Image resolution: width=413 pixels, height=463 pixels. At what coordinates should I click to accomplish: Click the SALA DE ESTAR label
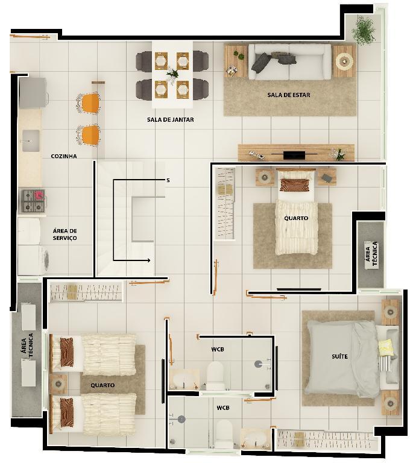(288, 95)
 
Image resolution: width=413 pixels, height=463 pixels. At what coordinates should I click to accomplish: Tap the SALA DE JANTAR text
(171, 119)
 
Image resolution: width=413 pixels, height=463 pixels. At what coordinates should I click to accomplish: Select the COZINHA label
(64, 156)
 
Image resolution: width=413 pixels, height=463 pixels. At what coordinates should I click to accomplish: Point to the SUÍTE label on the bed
(339, 356)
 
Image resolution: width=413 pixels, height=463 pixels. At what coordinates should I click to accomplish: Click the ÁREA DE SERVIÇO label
(65, 235)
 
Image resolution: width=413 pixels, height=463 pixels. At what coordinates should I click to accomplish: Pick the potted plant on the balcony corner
(364, 30)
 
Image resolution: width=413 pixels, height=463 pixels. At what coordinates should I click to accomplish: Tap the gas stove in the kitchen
(33, 201)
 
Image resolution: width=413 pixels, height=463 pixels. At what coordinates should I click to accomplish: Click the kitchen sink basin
(31, 141)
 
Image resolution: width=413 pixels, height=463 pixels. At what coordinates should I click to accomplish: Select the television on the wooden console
(294, 155)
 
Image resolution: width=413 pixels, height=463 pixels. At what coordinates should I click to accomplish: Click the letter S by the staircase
(168, 180)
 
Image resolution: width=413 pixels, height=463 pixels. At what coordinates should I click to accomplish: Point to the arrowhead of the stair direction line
(150, 260)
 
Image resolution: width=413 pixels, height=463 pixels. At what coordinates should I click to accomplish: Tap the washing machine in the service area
(33, 260)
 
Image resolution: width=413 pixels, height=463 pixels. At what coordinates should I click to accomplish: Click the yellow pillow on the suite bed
(386, 347)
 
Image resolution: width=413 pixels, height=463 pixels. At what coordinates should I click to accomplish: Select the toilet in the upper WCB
(215, 376)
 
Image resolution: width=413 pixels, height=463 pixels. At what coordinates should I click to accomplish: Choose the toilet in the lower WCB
(224, 434)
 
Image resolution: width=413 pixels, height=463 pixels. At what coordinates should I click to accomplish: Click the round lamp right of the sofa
(344, 61)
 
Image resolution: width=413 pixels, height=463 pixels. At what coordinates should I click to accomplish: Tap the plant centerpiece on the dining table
(172, 73)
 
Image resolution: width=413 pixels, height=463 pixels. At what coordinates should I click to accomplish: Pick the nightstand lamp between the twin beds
(58, 384)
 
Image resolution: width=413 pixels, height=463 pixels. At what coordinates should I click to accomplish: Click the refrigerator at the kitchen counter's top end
(33, 93)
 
